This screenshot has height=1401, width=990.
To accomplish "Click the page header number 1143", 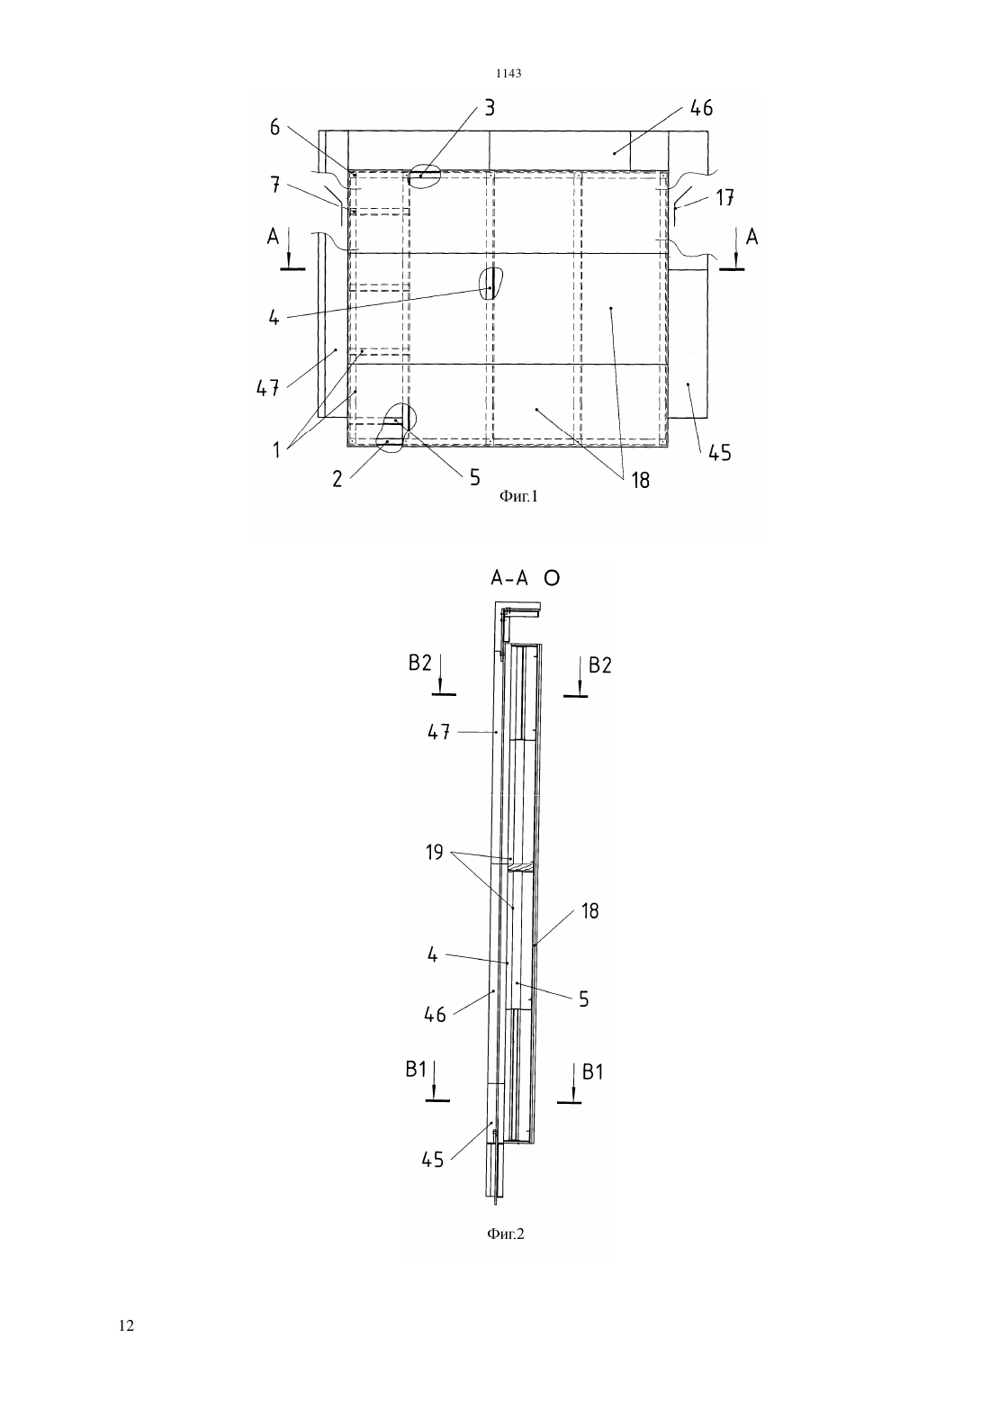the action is (508, 74).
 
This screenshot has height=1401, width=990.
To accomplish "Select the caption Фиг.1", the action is (518, 497).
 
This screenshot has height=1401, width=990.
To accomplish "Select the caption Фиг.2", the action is (505, 1234).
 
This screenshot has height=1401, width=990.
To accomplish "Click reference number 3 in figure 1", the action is (490, 108).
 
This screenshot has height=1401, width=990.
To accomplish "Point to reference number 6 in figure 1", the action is (275, 128).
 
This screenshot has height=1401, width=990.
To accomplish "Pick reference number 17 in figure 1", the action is (724, 198).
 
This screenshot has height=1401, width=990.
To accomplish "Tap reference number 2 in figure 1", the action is (337, 478).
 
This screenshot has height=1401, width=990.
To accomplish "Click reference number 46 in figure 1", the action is (701, 108).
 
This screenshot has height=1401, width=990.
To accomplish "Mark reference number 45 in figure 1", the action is (720, 453).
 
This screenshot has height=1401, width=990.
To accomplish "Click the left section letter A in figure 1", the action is (273, 237).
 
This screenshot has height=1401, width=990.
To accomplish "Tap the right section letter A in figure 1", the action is (751, 237).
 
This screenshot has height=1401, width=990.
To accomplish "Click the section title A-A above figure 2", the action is (509, 579).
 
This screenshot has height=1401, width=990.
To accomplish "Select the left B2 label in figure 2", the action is (420, 663).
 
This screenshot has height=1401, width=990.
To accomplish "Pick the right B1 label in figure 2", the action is (592, 1072).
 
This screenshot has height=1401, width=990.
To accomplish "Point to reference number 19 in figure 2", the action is (435, 852).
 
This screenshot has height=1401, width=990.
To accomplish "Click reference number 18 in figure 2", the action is (590, 911).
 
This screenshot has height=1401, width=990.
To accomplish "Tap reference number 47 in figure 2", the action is (439, 732).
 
